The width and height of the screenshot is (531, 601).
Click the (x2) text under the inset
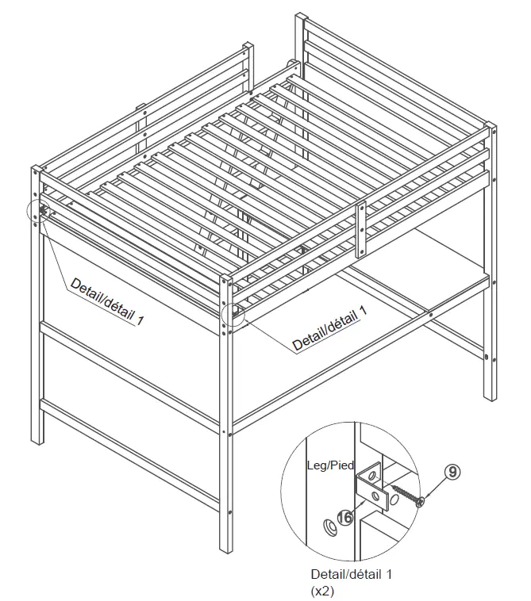323,591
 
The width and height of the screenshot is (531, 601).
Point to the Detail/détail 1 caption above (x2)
352,573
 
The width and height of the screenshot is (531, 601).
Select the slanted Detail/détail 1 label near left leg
107,300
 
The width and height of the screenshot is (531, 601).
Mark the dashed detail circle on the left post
39,212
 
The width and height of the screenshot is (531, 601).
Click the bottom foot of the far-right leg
491,400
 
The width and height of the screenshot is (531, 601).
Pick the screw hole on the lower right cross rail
429,316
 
